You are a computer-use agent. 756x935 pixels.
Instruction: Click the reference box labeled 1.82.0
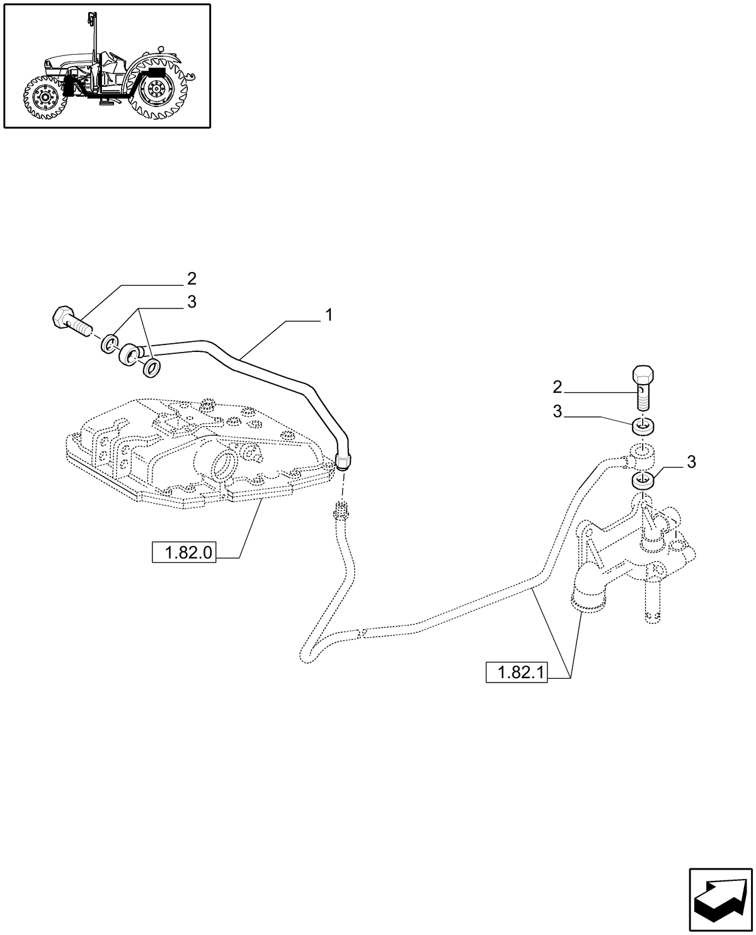(x=184, y=553)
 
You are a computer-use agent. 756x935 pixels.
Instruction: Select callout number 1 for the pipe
(x=328, y=315)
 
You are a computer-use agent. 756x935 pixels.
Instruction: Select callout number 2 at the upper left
(x=192, y=278)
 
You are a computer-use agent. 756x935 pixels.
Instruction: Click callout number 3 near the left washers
(x=192, y=302)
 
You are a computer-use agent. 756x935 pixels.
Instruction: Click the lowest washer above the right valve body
(x=643, y=481)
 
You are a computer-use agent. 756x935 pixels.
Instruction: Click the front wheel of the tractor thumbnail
(x=44, y=98)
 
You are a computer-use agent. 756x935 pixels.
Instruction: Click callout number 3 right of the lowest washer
(x=691, y=462)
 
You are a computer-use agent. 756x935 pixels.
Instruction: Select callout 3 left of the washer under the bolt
(x=557, y=412)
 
